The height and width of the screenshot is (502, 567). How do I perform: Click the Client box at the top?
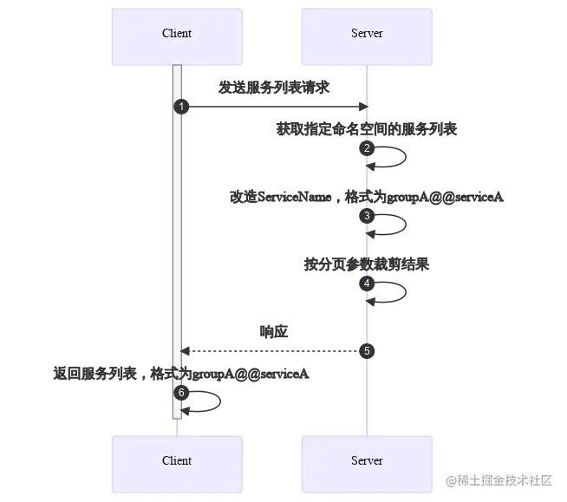177,38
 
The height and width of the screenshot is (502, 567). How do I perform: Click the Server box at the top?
366,38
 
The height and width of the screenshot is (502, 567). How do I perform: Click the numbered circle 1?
180,106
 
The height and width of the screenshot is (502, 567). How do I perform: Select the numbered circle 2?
367,149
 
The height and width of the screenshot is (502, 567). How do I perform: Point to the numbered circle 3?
367,215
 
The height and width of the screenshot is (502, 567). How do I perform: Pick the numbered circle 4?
367,284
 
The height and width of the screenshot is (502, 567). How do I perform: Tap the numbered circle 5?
367,351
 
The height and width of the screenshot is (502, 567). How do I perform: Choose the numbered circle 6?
180,393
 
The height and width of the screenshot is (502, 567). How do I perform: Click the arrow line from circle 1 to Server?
273,107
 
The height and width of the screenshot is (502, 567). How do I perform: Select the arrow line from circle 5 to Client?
273,351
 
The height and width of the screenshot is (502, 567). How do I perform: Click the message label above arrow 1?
273,86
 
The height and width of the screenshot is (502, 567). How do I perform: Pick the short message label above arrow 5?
274,330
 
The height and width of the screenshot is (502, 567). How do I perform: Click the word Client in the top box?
177,34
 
